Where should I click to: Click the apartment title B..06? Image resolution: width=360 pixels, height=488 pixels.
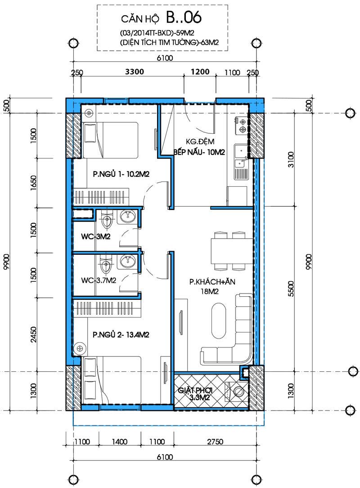tap(184, 18)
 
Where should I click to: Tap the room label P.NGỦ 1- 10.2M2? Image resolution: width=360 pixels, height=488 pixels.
tap(121, 174)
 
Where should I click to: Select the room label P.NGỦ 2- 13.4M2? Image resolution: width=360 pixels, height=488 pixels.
tap(121, 334)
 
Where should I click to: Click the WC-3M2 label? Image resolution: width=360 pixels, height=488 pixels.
tap(96, 236)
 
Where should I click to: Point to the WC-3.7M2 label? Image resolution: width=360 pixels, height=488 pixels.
tap(99, 280)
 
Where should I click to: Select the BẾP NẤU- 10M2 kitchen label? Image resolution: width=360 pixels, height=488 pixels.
tap(199, 152)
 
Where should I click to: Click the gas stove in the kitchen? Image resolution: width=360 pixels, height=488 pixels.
tap(242, 126)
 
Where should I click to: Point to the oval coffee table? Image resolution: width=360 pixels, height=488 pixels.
tap(220, 321)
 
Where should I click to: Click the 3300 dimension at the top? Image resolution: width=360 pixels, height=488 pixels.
tap(135, 72)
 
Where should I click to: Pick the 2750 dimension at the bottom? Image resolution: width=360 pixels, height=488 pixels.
tap(215, 441)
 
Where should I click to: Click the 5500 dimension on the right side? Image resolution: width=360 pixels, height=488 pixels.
tap(291, 289)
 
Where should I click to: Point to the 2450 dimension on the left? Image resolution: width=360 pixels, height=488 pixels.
tap(34, 334)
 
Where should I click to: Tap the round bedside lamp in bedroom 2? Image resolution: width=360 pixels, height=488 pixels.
tap(80, 348)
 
